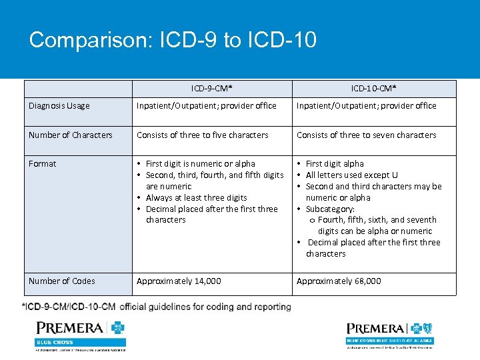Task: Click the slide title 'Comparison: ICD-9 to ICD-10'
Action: click(173, 40)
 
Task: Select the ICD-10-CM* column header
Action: click(373, 89)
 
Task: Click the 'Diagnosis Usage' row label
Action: click(59, 106)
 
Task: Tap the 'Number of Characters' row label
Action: click(71, 135)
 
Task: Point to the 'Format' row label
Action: click(43, 164)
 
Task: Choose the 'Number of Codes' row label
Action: click(62, 281)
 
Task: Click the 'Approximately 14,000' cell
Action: click(179, 281)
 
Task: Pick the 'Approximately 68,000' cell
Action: click(339, 281)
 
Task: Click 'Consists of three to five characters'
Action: click(203, 135)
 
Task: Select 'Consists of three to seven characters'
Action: click(366, 135)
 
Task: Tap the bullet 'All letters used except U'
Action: click(351, 175)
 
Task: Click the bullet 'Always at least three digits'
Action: click(196, 198)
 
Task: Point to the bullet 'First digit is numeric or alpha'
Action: click(200, 164)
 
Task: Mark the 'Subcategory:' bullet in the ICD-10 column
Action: click(330, 209)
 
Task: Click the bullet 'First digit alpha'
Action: click(335, 164)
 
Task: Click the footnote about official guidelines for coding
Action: click(157, 307)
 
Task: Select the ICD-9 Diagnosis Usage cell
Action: click(207, 106)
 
